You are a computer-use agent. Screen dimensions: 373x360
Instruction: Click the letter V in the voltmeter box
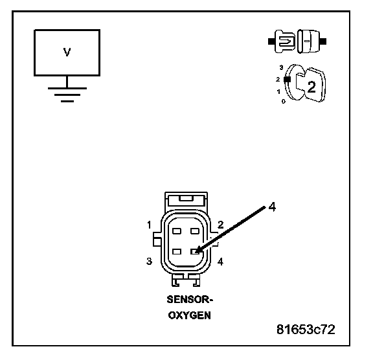[x=67, y=52]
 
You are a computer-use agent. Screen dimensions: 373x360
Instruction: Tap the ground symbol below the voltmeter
[x=67, y=91]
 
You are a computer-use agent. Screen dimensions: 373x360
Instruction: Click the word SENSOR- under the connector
[x=190, y=299]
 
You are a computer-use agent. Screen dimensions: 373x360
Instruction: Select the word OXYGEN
[x=190, y=315]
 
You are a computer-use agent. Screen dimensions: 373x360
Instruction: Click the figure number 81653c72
[x=306, y=330]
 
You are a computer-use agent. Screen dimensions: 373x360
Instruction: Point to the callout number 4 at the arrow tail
[x=272, y=207]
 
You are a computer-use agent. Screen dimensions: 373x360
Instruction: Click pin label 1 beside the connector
[x=149, y=225]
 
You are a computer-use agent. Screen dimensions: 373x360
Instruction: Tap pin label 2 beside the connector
[x=221, y=225]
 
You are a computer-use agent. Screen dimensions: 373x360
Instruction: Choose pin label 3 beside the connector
[x=149, y=262]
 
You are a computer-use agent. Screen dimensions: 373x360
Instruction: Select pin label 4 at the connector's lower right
[x=221, y=262]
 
